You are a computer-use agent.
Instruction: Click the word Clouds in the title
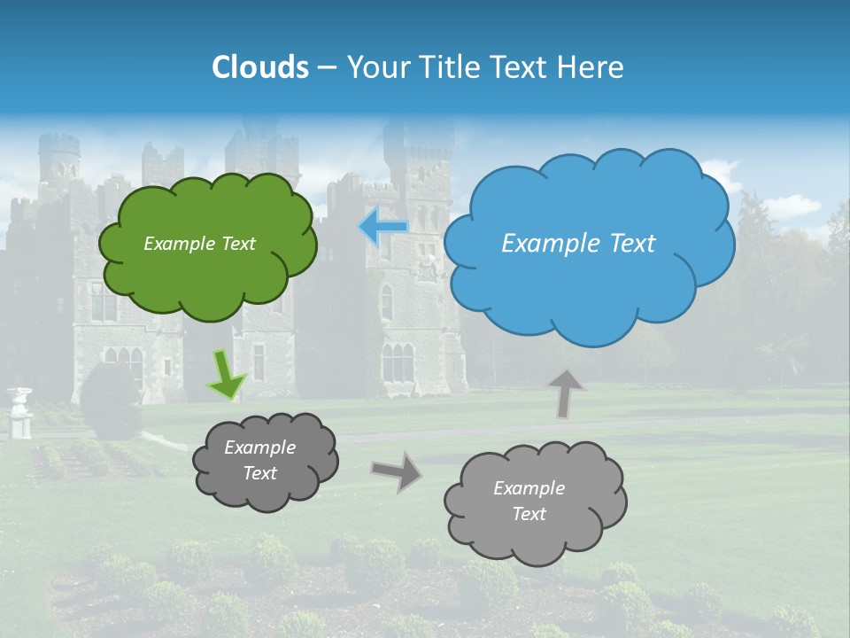[260, 67]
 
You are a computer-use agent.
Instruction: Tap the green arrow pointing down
[227, 376]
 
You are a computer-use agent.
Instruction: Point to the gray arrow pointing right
[397, 471]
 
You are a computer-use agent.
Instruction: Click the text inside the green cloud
[199, 244]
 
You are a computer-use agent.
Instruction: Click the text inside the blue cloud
[578, 244]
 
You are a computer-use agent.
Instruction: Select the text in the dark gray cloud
[260, 461]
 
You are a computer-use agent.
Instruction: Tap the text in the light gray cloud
[529, 501]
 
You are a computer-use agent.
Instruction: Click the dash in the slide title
[327, 67]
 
